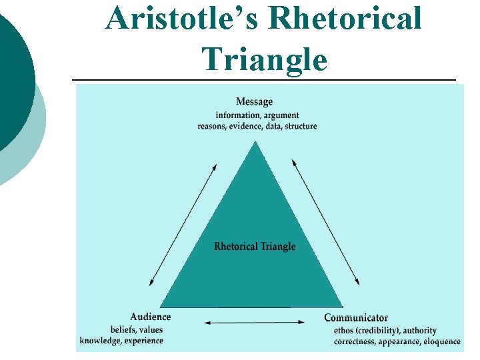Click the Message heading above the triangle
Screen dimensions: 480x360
point(254,101)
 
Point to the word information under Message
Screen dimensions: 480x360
point(237,115)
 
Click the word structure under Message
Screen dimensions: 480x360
point(301,126)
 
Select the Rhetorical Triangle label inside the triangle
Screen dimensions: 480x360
point(255,246)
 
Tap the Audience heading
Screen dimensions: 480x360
point(150,317)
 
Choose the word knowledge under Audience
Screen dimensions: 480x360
point(99,341)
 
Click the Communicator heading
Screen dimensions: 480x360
point(356,317)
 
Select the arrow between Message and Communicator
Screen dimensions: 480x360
point(326,223)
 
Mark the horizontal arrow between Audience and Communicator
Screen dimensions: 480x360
point(254,323)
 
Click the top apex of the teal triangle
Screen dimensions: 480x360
point(254,142)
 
